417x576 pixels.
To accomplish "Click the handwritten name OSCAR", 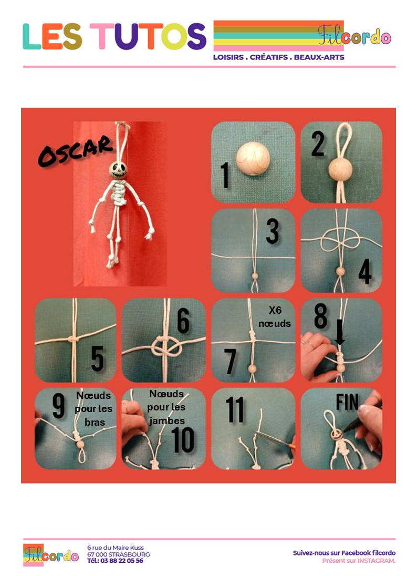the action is pyautogui.click(x=75, y=151).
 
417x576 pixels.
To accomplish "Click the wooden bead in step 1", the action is pyautogui.click(x=253, y=159).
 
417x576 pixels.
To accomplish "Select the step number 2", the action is pyautogui.click(x=318, y=143).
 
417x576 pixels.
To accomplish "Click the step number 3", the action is pyautogui.click(x=273, y=231).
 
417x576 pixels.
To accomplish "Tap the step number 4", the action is pyautogui.click(x=365, y=272).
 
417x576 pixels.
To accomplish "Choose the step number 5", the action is pyautogui.click(x=97, y=358).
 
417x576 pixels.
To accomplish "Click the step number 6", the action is pyautogui.click(x=183, y=321).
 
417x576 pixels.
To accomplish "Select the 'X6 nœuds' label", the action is pyautogui.click(x=275, y=317).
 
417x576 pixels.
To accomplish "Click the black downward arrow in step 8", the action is pyautogui.click(x=340, y=332).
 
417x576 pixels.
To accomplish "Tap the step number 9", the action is pyautogui.click(x=58, y=405).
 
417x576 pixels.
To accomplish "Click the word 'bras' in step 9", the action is pyautogui.click(x=95, y=423).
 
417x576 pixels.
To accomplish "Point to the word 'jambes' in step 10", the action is pyautogui.click(x=167, y=421).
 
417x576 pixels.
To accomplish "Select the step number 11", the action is pyautogui.click(x=235, y=409).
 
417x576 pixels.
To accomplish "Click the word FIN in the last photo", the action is pyautogui.click(x=347, y=402).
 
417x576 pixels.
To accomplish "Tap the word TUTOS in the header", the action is pyautogui.click(x=148, y=36).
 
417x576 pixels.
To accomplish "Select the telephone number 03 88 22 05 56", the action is pyautogui.click(x=122, y=561).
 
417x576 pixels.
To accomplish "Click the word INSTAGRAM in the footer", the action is pyautogui.click(x=377, y=561).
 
